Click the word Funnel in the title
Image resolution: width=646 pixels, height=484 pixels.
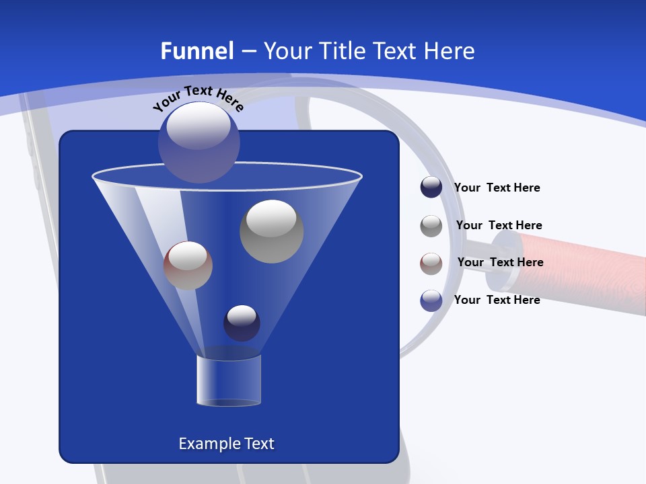point(197,51)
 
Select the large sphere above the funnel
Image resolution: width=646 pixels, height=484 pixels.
point(199,143)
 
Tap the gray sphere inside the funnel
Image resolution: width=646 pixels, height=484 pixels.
point(271,231)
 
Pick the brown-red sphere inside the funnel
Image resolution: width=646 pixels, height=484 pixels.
point(188,266)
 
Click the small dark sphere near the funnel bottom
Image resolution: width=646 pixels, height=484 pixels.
point(242,323)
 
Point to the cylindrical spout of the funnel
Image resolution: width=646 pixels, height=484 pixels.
point(229,380)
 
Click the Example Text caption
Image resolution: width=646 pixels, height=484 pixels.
point(227,444)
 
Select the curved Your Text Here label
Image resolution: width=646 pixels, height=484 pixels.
point(198,98)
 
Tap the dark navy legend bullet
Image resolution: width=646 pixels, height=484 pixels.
point(431,188)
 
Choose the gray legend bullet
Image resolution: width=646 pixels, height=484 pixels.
point(431,226)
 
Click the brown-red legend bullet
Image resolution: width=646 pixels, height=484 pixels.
point(431,263)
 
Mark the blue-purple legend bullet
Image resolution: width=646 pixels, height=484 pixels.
point(431,300)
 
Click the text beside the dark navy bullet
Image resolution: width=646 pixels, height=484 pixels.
point(497,188)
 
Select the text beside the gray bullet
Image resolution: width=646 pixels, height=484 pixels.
point(499,225)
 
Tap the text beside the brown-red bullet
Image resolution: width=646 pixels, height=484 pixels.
point(500,262)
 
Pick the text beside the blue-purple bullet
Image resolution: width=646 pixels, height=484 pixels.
point(497,300)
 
